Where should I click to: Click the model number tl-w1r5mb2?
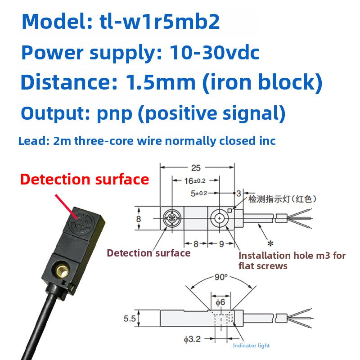[159, 22]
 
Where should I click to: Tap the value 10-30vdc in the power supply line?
[215, 53]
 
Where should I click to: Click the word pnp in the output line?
[115, 113]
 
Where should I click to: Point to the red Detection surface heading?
[85, 179]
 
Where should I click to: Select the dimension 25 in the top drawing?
[196, 168]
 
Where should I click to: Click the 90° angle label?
[221, 277]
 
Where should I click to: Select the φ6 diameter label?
[219, 302]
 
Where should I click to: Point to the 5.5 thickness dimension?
[130, 318]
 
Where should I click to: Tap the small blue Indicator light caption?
[251, 346]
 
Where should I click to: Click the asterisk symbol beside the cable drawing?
[270, 243]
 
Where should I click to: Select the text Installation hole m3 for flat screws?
[292, 261]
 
